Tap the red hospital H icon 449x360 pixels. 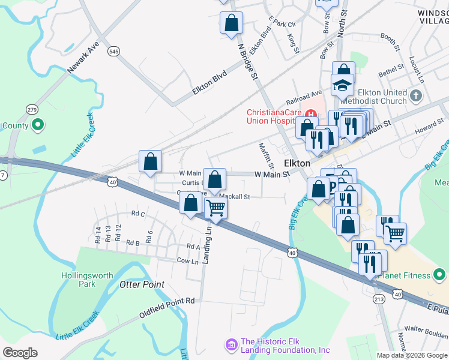point(311,113)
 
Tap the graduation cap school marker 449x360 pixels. point(342,86)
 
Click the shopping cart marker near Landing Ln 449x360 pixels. point(215,209)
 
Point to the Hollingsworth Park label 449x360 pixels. point(87,280)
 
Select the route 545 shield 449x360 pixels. point(114,52)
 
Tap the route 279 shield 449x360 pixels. point(32,109)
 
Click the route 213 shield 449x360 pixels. point(379,299)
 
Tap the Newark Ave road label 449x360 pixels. point(83,58)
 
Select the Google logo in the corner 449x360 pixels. point(20,353)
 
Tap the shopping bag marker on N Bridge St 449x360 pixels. point(231,23)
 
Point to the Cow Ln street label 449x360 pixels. point(187,261)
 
